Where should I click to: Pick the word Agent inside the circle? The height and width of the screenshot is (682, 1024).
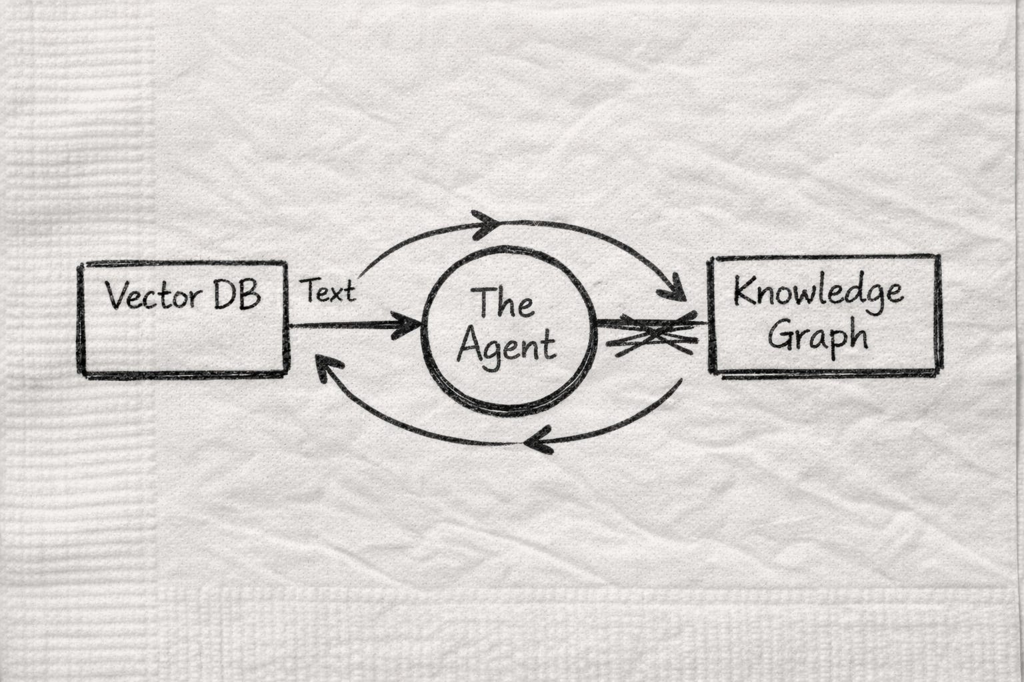[x=507, y=346]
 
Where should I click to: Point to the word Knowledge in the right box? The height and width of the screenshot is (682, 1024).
[x=818, y=292]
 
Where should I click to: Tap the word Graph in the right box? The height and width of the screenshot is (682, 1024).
[x=818, y=336]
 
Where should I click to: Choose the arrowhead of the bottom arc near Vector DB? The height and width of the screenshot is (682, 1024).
[x=325, y=368]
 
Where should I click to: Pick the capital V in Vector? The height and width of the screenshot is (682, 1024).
[x=116, y=296]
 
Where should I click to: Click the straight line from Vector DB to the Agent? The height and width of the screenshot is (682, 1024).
[x=347, y=325]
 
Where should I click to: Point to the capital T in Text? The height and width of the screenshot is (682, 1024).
[x=311, y=291]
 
